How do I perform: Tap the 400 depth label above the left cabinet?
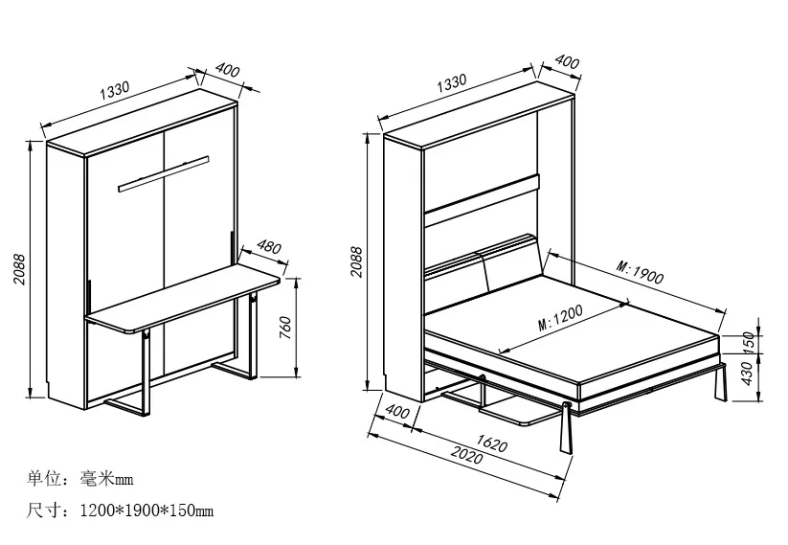point(226,72)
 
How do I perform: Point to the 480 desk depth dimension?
point(270,248)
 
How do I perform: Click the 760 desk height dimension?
point(311,328)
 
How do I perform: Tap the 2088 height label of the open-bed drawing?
point(356,261)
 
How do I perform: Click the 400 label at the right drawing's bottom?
point(396,412)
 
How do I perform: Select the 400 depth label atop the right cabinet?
point(567,62)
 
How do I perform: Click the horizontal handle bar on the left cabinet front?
point(163,173)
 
